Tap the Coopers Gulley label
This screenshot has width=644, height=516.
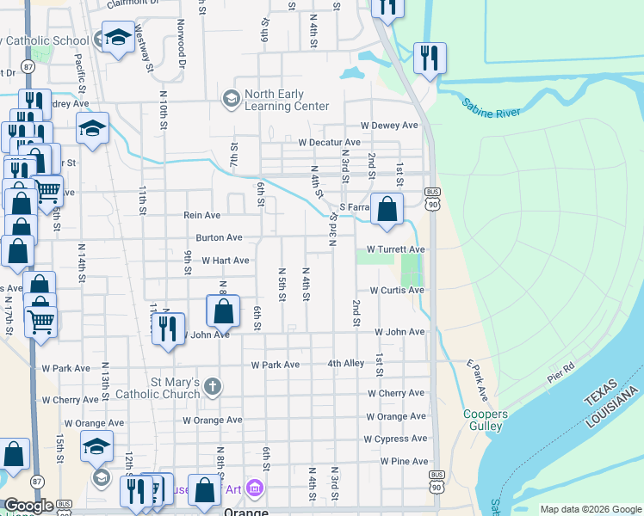[485, 421]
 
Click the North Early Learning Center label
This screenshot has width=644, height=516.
[287, 100]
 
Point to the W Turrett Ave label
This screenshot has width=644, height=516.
[396, 249]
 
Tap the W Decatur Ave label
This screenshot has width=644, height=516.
[329, 143]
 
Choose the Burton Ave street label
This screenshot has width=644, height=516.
[219, 237]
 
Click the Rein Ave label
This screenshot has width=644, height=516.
[202, 216]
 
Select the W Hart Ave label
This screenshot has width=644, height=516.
[226, 261]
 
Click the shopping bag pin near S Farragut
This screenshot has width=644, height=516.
[387, 209]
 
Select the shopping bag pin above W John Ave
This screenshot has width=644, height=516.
[223, 311]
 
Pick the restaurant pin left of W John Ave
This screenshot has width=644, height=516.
[168, 329]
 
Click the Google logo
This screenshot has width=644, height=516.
[29, 506]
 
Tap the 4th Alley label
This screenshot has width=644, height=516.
[346, 364]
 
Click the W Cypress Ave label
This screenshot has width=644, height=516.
[395, 439]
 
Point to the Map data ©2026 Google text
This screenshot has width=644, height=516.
[590, 509]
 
